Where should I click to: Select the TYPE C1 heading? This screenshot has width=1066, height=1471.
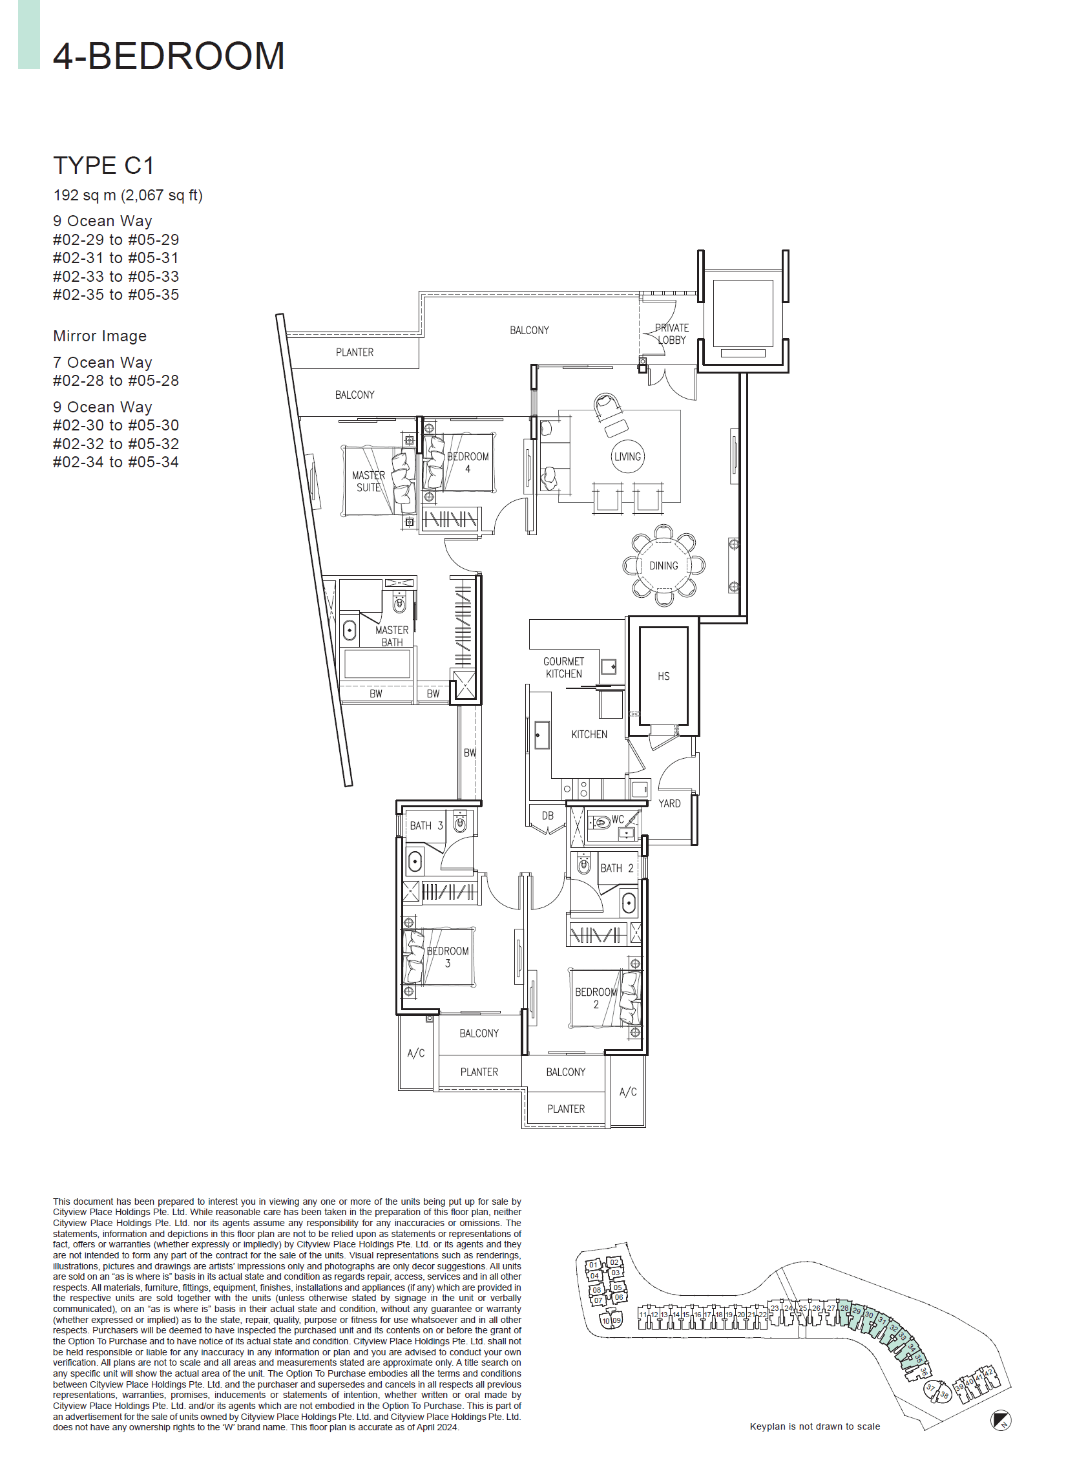pyautogui.click(x=104, y=165)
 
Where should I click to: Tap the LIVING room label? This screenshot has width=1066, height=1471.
pyautogui.click(x=627, y=456)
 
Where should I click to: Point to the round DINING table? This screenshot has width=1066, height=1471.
pyautogui.click(x=664, y=566)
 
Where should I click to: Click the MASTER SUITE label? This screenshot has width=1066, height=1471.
pyautogui.click(x=368, y=482)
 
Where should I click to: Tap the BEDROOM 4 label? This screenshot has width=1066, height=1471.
pyautogui.click(x=468, y=463)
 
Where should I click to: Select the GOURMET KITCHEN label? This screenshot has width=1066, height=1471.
pyautogui.click(x=563, y=668)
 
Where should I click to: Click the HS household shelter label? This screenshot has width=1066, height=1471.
pyautogui.click(x=664, y=677)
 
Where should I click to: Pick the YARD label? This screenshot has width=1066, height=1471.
pyautogui.click(x=669, y=803)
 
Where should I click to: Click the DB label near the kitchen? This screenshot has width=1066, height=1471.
pyautogui.click(x=548, y=816)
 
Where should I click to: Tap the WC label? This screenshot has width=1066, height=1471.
pyautogui.click(x=617, y=820)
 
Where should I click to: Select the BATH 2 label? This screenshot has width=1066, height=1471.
pyautogui.click(x=616, y=868)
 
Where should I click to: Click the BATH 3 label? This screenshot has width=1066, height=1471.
pyautogui.click(x=426, y=825)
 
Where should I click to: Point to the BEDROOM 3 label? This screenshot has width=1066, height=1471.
pyautogui.click(x=448, y=957)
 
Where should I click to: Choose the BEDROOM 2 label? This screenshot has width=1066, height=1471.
pyautogui.click(x=596, y=998)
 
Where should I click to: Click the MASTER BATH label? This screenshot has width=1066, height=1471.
pyautogui.click(x=392, y=635)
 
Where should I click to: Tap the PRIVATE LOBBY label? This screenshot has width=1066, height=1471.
pyautogui.click(x=672, y=333)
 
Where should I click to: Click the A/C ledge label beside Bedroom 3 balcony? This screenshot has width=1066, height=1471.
pyautogui.click(x=416, y=1053)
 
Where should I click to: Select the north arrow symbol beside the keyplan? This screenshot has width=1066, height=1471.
pyautogui.click(x=1001, y=1422)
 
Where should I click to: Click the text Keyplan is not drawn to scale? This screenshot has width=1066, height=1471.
pyautogui.click(x=815, y=1426)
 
